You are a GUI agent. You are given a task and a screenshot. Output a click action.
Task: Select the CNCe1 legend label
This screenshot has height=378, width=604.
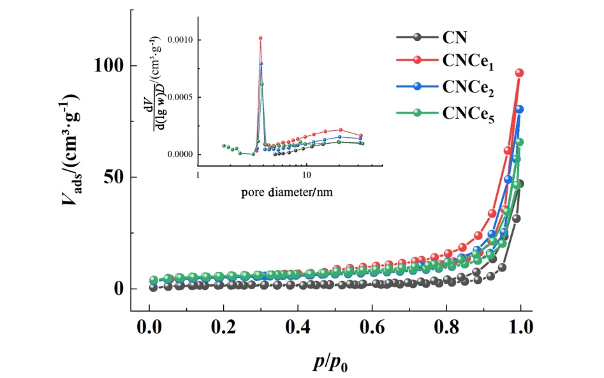click(x=469, y=62)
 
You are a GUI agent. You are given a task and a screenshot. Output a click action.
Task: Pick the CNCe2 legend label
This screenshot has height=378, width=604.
click(x=469, y=87)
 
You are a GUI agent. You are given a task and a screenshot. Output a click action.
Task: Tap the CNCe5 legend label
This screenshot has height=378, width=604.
click(x=469, y=112)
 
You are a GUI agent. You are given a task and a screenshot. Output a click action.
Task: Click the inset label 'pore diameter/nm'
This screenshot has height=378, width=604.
click(x=287, y=192)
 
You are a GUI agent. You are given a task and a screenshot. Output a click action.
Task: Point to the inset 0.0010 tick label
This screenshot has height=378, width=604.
click(x=180, y=40)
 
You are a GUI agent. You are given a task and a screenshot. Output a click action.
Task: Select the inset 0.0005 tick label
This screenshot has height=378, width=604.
click(x=180, y=97)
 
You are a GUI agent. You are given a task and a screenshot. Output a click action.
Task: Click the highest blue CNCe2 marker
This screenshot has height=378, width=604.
click(x=519, y=109)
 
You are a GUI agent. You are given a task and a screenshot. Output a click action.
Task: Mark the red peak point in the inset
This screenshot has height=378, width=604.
click(x=260, y=38)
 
